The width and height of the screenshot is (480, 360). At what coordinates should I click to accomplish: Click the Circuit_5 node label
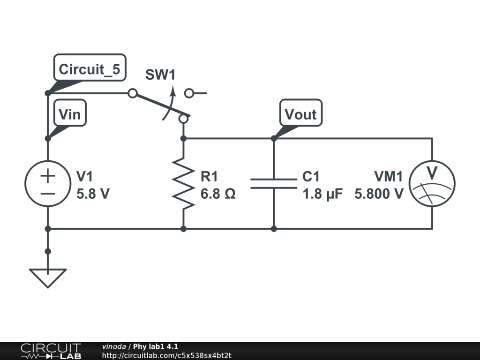(89, 69)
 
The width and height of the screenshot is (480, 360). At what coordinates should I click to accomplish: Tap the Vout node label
(300, 114)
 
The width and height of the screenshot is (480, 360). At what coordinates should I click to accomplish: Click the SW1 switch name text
(160, 75)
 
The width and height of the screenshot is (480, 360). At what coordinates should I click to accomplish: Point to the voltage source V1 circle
(48, 183)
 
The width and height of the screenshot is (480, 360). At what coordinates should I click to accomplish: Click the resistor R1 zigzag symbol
(183, 183)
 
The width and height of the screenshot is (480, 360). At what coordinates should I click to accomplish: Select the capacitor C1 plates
(274, 183)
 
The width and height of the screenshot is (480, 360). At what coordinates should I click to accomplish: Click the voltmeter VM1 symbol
(432, 183)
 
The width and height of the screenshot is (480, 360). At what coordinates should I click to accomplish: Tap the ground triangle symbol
(48, 277)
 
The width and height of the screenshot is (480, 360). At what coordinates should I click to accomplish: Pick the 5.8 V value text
(93, 194)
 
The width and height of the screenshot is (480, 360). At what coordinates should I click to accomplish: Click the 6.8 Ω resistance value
(218, 194)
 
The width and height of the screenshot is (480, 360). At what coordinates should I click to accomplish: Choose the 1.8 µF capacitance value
(322, 194)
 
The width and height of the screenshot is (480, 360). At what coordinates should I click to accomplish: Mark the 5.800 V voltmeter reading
(379, 194)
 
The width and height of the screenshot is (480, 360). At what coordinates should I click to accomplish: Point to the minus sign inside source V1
(48, 192)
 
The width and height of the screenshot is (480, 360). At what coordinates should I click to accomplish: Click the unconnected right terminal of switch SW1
(189, 93)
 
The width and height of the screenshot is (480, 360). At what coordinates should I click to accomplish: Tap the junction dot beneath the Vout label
(274, 139)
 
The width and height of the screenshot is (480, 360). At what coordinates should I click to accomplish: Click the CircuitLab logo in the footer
(50, 351)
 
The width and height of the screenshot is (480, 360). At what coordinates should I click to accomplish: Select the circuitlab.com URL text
(167, 355)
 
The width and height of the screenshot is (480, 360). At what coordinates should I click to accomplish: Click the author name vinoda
(114, 346)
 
